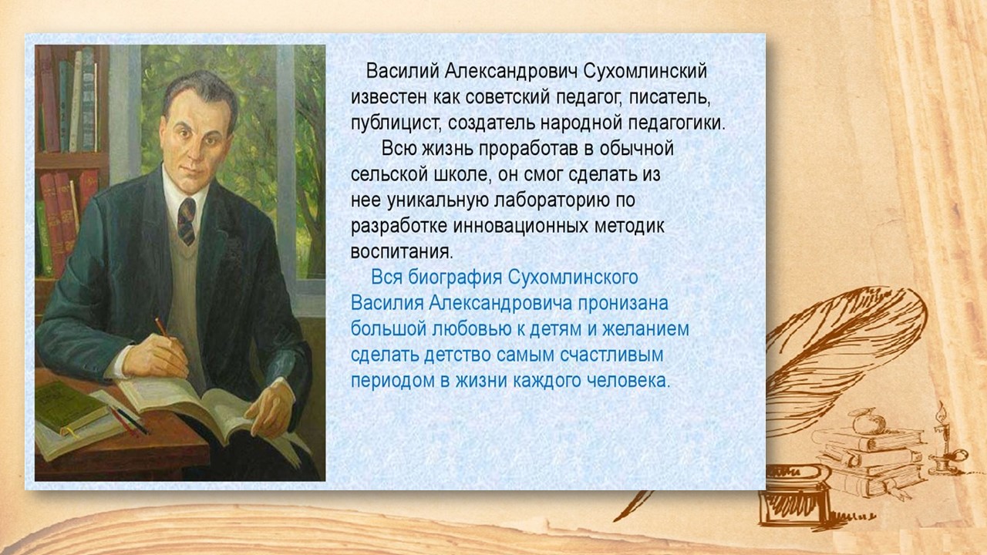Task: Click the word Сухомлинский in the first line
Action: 645,72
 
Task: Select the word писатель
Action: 670,98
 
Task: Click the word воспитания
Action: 402,252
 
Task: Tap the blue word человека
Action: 624,381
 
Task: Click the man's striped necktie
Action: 187,221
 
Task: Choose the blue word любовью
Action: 471,329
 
